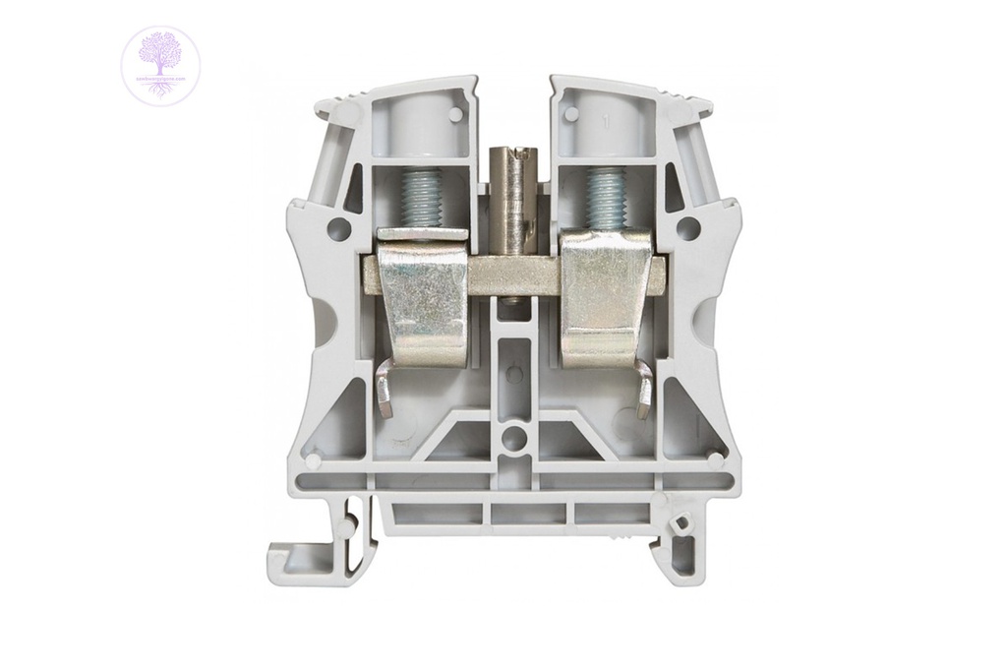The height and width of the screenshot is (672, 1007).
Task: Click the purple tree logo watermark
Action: (x=160, y=66)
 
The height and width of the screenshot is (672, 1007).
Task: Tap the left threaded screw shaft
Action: (x=422, y=197)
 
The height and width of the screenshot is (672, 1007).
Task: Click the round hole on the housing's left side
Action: (x=338, y=229)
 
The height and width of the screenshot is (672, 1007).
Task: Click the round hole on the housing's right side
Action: (x=687, y=229)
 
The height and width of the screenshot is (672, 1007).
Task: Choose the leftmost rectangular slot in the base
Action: (x=439, y=513)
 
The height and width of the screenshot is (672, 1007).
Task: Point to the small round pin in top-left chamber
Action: (x=455, y=114)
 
